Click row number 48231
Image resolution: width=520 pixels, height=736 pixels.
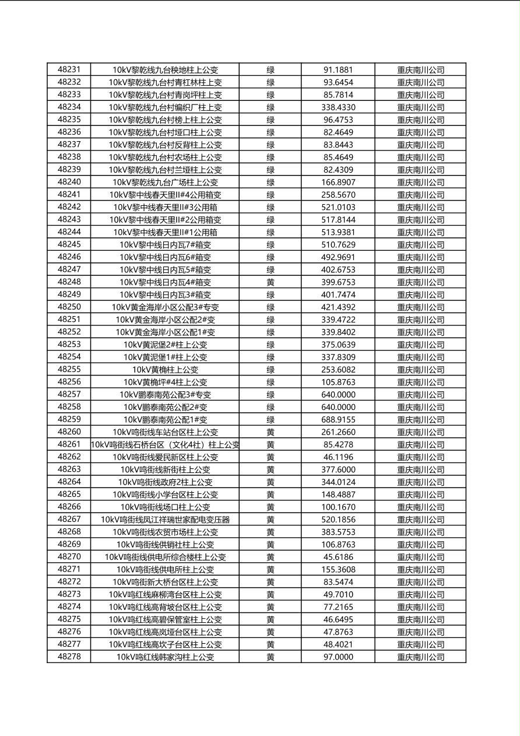click(69, 69)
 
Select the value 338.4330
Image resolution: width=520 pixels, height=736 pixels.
click(338, 107)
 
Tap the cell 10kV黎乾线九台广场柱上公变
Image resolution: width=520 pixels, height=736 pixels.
click(165, 182)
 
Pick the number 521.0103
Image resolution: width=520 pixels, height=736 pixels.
click(338, 207)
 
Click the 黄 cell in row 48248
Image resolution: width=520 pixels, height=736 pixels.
click(270, 282)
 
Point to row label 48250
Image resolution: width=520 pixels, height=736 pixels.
click(69, 307)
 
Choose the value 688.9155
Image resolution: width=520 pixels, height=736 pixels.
click(338, 420)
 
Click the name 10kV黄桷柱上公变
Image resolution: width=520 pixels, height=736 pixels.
click(165, 370)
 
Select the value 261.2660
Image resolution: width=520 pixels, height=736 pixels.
click(338, 432)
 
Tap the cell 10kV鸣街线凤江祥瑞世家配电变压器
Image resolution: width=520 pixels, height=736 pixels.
click(165, 520)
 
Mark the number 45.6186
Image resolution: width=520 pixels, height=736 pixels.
click(338, 557)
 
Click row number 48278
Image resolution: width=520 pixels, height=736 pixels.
click(69, 657)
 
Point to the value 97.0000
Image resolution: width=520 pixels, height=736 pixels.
click(338, 657)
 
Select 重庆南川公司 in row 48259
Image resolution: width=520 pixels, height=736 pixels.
click(420, 420)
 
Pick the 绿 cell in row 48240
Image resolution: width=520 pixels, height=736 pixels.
click(270, 182)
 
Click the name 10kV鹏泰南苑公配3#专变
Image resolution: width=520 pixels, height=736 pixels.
click(165, 395)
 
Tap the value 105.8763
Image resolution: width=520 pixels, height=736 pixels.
click(338, 383)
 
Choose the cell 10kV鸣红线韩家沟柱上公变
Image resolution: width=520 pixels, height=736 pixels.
click(165, 657)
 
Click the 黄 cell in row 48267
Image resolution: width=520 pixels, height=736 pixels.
click(270, 520)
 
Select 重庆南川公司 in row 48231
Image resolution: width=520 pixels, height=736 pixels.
click(420, 70)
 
